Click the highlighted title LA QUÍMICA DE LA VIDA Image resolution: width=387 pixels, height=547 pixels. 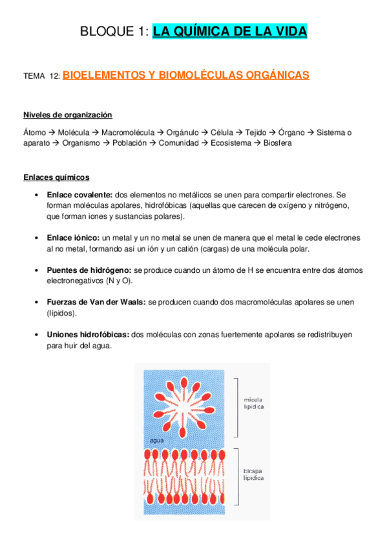pyautogui.click(x=230, y=32)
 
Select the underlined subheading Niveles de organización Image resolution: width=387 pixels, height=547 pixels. pyautogui.click(x=68, y=115)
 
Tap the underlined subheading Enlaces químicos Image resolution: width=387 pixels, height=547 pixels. pyautogui.click(x=56, y=177)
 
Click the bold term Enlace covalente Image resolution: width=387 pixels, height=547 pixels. pyautogui.click(x=79, y=194)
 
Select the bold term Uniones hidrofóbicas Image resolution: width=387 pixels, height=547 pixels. pyautogui.click(x=88, y=335)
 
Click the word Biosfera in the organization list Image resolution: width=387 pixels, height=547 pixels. pyautogui.click(x=278, y=143)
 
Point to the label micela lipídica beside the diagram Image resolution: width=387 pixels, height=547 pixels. pyautogui.click(x=253, y=403)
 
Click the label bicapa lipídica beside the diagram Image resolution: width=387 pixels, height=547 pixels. pyautogui.click(x=253, y=475)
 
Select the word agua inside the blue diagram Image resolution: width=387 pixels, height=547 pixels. pyautogui.click(x=156, y=440)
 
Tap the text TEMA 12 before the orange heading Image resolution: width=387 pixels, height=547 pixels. pyautogui.click(x=41, y=76)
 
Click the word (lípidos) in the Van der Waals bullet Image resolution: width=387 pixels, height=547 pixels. pyautogui.click(x=62, y=312)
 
